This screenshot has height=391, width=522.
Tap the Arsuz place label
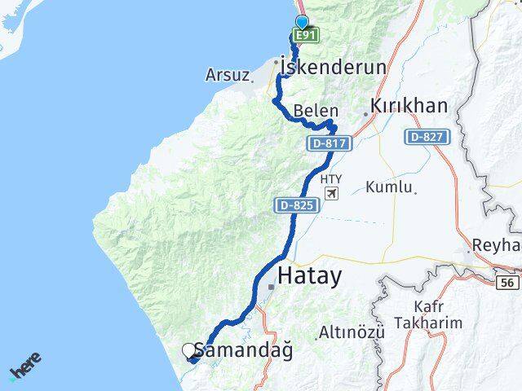point(228,76)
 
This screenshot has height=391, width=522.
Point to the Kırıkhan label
point(409,106)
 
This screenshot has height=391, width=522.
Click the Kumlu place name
point(390,187)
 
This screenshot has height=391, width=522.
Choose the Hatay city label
point(321,277)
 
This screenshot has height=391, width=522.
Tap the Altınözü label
point(351,332)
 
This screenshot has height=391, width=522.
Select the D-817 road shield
point(330,143)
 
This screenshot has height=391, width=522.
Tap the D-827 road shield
point(426,137)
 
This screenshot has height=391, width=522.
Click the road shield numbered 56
point(507,281)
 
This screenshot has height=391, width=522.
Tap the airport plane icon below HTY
point(331,193)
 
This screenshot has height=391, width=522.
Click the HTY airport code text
point(331,178)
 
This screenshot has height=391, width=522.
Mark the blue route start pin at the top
point(303,23)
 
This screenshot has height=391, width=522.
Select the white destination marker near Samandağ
point(190,351)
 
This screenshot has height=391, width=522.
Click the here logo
point(25,367)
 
